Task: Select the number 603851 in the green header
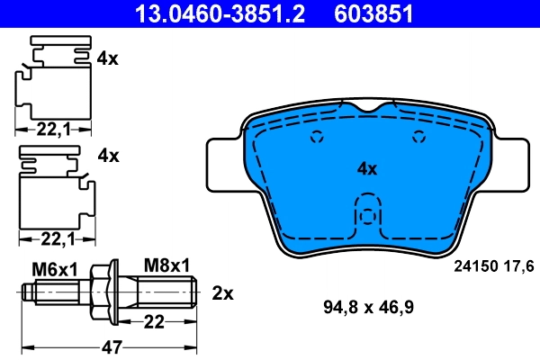click(371, 13)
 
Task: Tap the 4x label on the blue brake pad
click(366, 168)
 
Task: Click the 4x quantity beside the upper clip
click(108, 58)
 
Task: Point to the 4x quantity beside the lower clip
click(108, 156)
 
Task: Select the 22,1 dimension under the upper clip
click(54, 130)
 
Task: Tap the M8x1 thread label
click(167, 266)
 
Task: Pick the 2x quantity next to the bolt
click(222, 292)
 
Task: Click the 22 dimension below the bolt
click(155, 321)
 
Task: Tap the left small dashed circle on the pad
click(316, 138)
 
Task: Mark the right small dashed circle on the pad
click(417, 138)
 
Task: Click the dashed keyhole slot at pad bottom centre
click(366, 219)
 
